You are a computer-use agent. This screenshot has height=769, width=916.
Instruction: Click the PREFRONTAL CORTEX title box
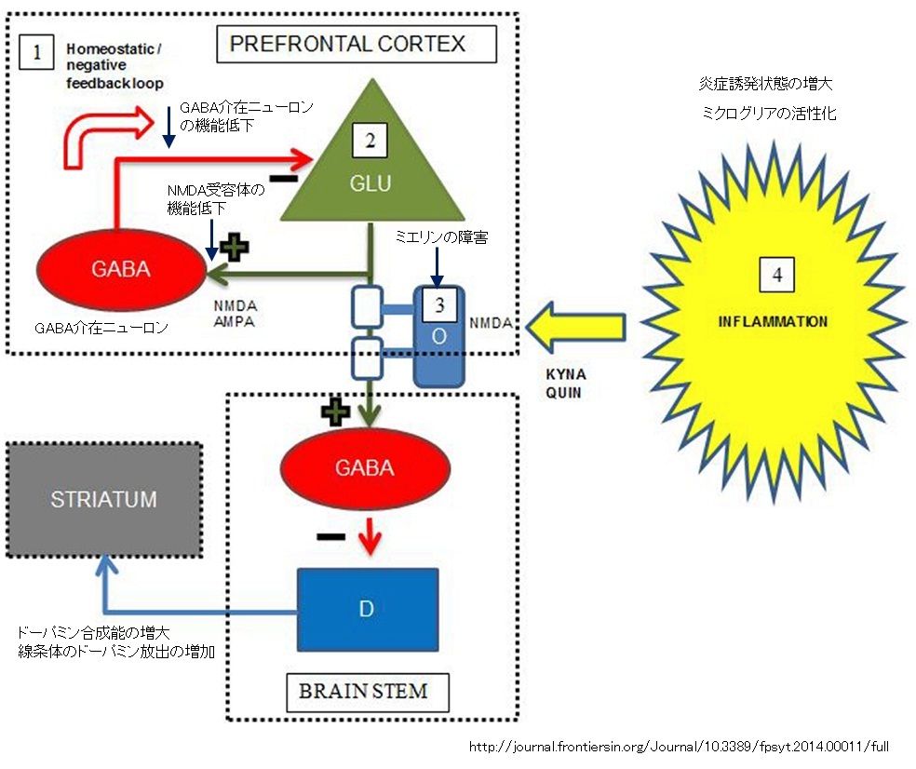pyautogui.click(x=357, y=44)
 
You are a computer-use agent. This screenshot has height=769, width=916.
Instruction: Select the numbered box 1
pyautogui.click(x=36, y=52)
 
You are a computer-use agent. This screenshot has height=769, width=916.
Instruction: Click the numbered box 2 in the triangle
pyautogui.click(x=370, y=141)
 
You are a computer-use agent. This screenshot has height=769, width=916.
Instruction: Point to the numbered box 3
pyautogui.click(x=439, y=304)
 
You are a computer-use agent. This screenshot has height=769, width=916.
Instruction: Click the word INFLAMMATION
pyautogui.click(x=773, y=321)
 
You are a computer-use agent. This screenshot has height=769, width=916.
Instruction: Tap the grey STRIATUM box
pyautogui.click(x=104, y=500)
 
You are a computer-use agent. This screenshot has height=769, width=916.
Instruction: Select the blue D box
pyautogui.click(x=368, y=610)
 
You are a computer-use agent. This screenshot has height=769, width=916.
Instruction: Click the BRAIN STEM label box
pyautogui.click(x=368, y=692)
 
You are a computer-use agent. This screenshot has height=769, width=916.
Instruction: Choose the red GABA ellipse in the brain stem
pyautogui.click(x=366, y=468)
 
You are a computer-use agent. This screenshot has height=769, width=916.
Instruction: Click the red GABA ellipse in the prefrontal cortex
pyautogui.click(x=121, y=269)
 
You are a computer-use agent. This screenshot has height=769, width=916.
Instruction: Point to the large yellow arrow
pyautogui.click(x=575, y=327)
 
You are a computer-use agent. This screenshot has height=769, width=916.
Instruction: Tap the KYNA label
pyautogui.click(x=565, y=374)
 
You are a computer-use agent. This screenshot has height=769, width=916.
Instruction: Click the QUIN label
pyautogui.click(x=563, y=393)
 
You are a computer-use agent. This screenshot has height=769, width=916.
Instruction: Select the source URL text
pyautogui.click(x=679, y=747)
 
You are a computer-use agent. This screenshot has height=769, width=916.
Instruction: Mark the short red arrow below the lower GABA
pyautogui.click(x=370, y=534)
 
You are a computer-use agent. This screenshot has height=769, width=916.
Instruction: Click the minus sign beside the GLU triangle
pyautogui.click(x=284, y=178)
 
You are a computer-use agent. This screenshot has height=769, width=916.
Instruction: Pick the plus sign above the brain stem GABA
pyautogui.click(x=335, y=411)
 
